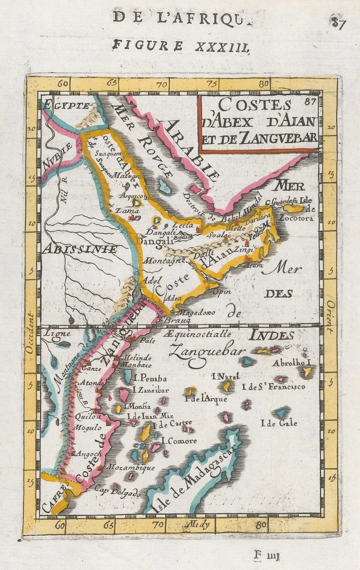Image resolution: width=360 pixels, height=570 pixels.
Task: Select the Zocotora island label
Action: click(x=297, y=218)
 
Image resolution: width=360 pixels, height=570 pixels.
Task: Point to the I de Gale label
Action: click(x=279, y=423)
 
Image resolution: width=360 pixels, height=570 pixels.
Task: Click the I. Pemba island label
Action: click(x=149, y=378)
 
